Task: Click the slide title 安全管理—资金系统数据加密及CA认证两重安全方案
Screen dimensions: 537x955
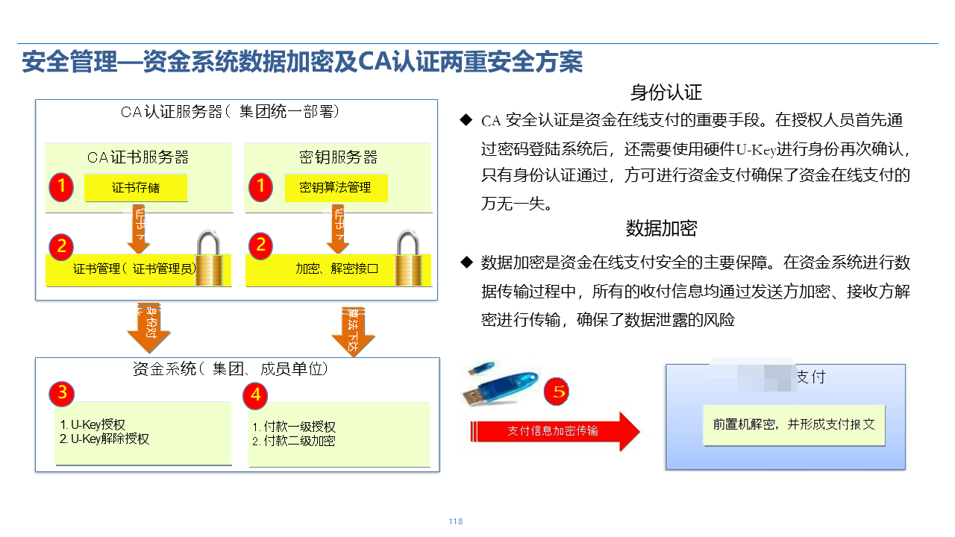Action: (302, 62)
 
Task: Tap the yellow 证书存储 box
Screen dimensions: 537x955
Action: (136, 188)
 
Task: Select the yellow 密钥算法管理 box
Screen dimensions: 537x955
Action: (335, 188)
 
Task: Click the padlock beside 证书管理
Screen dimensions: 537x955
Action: (213, 257)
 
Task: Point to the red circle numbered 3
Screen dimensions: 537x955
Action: (63, 394)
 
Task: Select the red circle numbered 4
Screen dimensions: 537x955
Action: (256, 394)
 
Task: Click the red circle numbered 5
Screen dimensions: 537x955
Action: (557, 392)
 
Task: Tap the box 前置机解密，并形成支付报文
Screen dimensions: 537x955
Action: (794, 424)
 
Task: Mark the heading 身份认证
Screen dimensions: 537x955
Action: (666, 93)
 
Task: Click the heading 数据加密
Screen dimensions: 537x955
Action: (661, 228)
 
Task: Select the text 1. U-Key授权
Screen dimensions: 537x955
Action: (93, 425)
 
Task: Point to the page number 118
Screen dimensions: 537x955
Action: (456, 521)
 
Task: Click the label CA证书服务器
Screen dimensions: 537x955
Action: (138, 157)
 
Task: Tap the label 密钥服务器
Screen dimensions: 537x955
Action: (338, 157)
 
